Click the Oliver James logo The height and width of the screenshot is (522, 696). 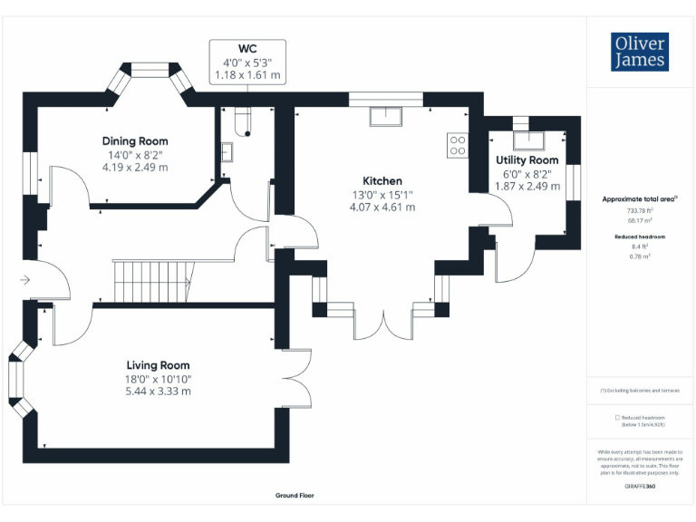(639, 53)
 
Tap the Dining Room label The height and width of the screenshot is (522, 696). (135, 141)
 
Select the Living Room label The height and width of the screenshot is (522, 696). (158, 365)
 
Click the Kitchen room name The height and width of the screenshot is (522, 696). (382, 180)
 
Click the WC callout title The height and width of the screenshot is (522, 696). (247, 48)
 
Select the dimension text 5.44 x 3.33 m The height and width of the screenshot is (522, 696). (158, 391)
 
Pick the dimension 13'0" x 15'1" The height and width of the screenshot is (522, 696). (382, 194)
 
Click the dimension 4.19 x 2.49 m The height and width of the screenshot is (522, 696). (135, 167)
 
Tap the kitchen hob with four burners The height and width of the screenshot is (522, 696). (457, 145)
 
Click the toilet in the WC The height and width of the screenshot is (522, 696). (241, 120)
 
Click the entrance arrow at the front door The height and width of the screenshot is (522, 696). (24, 280)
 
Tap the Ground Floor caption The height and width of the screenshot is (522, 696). (295, 496)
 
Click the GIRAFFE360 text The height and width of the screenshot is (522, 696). (640, 488)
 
